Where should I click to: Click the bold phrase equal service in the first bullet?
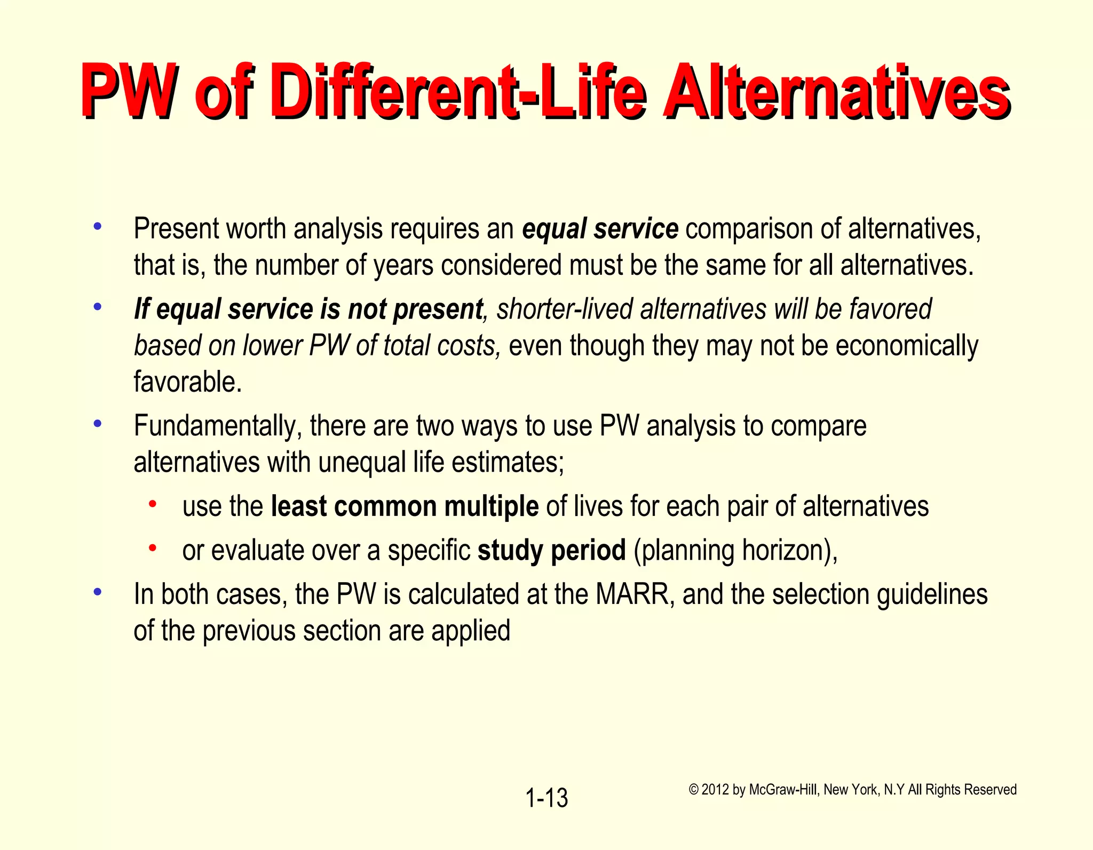pyautogui.click(x=600, y=229)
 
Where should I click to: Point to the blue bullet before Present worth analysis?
pyautogui.click(x=97, y=226)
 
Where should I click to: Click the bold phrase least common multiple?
pyautogui.click(x=405, y=506)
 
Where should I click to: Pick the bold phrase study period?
pyautogui.click(x=551, y=550)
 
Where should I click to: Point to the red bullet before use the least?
pyautogui.click(x=153, y=503)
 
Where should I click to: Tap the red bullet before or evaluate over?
pyautogui.click(x=153, y=547)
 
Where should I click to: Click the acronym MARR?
pyautogui.click(x=632, y=594)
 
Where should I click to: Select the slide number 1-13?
pyautogui.click(x=546, y=798)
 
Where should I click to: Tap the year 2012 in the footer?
pyautogui.click(x=715, y=790)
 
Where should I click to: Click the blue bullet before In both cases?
pyautogui.click(x=97, y=592)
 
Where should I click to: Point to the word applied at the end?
pyautogui.click(x=471, y=631)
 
